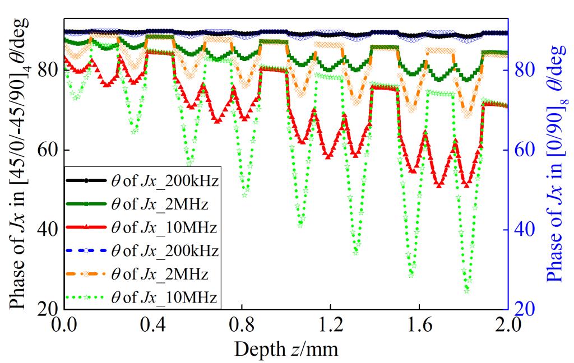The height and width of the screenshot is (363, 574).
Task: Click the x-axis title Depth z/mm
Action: click(286, 350)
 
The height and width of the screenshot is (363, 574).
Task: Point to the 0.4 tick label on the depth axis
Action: click(152, 324)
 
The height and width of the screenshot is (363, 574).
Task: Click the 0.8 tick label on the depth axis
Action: click(241, 324)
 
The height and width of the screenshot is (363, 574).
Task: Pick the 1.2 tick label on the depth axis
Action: click(330, 324)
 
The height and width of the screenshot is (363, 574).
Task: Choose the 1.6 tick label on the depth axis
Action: click(419, 324)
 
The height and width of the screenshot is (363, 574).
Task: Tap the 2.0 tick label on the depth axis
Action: click(508, 324)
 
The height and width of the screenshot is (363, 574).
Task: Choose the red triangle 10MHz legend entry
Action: click(142, 227)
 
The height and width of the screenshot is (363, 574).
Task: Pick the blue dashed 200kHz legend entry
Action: click(142, 250)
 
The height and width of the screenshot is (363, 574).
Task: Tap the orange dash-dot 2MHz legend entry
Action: click(142, 274)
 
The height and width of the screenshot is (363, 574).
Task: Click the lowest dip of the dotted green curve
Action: click(466, 290)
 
